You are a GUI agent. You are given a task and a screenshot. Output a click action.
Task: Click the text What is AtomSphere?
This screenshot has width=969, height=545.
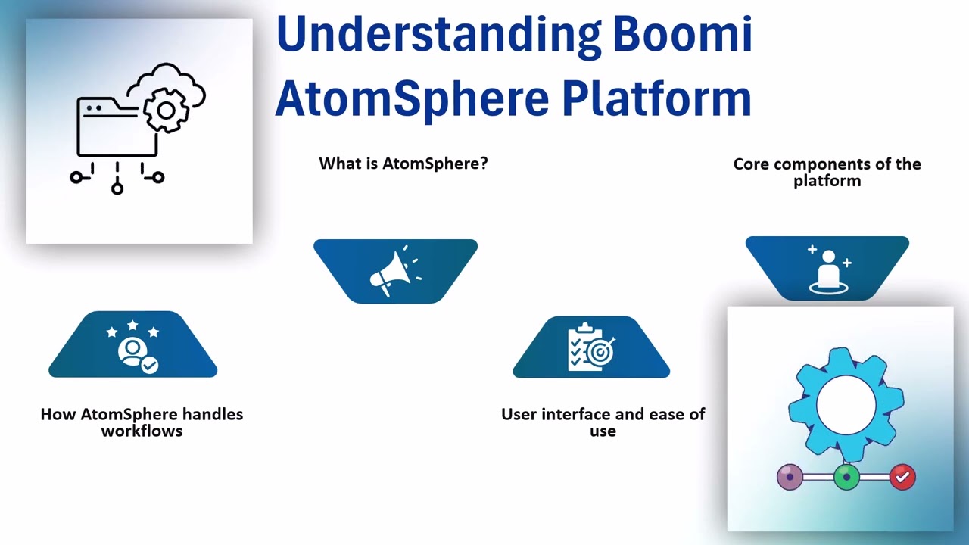tap(403, 163)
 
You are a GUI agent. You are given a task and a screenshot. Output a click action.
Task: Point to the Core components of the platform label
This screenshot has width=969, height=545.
tap(827, 172)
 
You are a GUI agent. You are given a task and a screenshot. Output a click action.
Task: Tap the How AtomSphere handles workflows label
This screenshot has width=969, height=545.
tap(142, 422)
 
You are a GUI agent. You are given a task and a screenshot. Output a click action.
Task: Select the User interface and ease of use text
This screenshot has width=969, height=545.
tap(603, 422)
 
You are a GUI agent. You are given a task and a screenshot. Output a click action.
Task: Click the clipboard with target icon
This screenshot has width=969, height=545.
tap(591, 347)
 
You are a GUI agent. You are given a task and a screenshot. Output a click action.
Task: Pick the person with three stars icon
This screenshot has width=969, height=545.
tap(133, 347)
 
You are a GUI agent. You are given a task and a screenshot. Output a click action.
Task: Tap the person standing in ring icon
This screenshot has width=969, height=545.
tap(828, 269)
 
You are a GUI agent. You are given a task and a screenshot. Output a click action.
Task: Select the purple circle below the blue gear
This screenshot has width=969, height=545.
tap(790, 477)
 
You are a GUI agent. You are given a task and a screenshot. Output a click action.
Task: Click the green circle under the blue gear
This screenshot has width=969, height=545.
tap(846, 477)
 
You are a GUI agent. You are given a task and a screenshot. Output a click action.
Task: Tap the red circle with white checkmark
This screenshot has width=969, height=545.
tap(902, 477)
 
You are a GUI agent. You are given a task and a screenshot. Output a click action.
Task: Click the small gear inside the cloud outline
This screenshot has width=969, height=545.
tap(165, 111)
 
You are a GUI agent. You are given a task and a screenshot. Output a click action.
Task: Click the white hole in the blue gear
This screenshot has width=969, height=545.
tap(846, 403)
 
